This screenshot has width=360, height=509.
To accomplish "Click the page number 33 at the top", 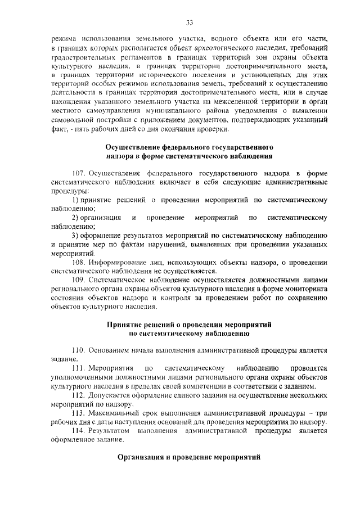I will tap(190, 22).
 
